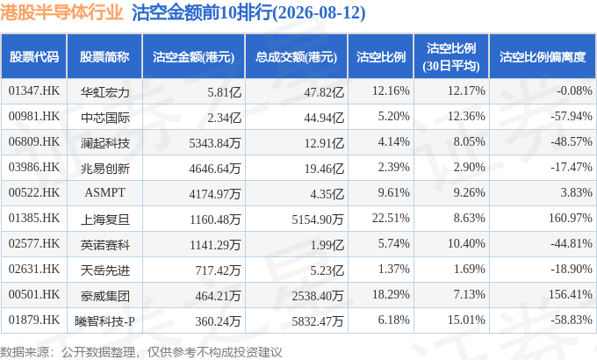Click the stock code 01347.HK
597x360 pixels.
point(34,91)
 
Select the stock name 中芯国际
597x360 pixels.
point(105,118)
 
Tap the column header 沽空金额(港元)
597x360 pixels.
point(193,57)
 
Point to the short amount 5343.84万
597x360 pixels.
point(215,143)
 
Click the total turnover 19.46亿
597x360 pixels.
point(324,169)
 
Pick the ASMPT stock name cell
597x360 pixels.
point(104,193)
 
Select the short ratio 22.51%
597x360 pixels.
point(391,219)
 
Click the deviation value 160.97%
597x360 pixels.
point(571,219)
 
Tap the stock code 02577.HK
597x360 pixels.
point(34,244)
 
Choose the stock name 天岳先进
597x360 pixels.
point(105,270)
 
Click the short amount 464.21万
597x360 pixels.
point(218,296)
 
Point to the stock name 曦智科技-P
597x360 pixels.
point(104,321)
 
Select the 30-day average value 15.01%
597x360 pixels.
point(466,320)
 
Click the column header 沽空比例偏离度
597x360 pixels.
point(543,57)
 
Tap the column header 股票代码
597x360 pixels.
point(34,57)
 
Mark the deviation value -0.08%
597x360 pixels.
point(574,91)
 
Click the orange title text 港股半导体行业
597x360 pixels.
point(61,12)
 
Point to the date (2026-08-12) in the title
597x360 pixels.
point(319,12)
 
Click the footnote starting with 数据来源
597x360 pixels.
point(141,352)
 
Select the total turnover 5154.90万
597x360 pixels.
point(318,220)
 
